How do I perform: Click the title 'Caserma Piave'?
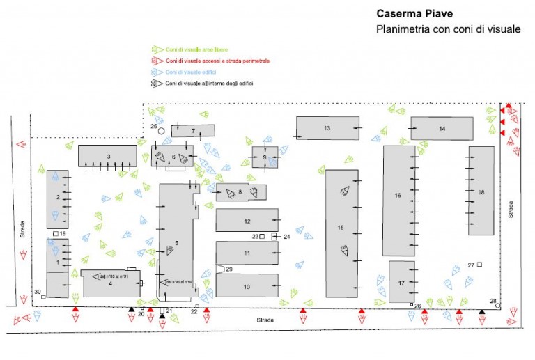pyautogui.click(x=414, y=13)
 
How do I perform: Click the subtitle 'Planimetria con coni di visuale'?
pyautogui.click(x=448, y=29)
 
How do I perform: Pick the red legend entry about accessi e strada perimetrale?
pyautogui.click(x=217, y=61)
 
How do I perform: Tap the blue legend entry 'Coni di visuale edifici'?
pyautogui.click(x=189, y=72)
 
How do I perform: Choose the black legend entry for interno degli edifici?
pyautogui.click(x=209, y=84)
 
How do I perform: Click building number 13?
pyautogui.click(x=327, y=128)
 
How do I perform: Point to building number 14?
pyautogui.click(x=442, y=129)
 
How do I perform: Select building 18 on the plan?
pyautogui.click(x=481, y=191)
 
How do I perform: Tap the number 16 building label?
pyautogui.click(x=398, y=196)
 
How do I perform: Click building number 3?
pyautogui.click(x=108, y=155)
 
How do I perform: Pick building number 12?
pyautogui.click(x=247, y=221)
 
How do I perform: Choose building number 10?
pyautogui.click(x=247, y=286)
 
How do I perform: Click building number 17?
pyautogui.click(x=401, y=283)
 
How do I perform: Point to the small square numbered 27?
pyautogui.click(x=480, y=265)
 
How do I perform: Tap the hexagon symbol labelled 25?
pyautogui.click(x=162, y=130)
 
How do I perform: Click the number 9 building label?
pyautogui.click(x=265, y=157)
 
